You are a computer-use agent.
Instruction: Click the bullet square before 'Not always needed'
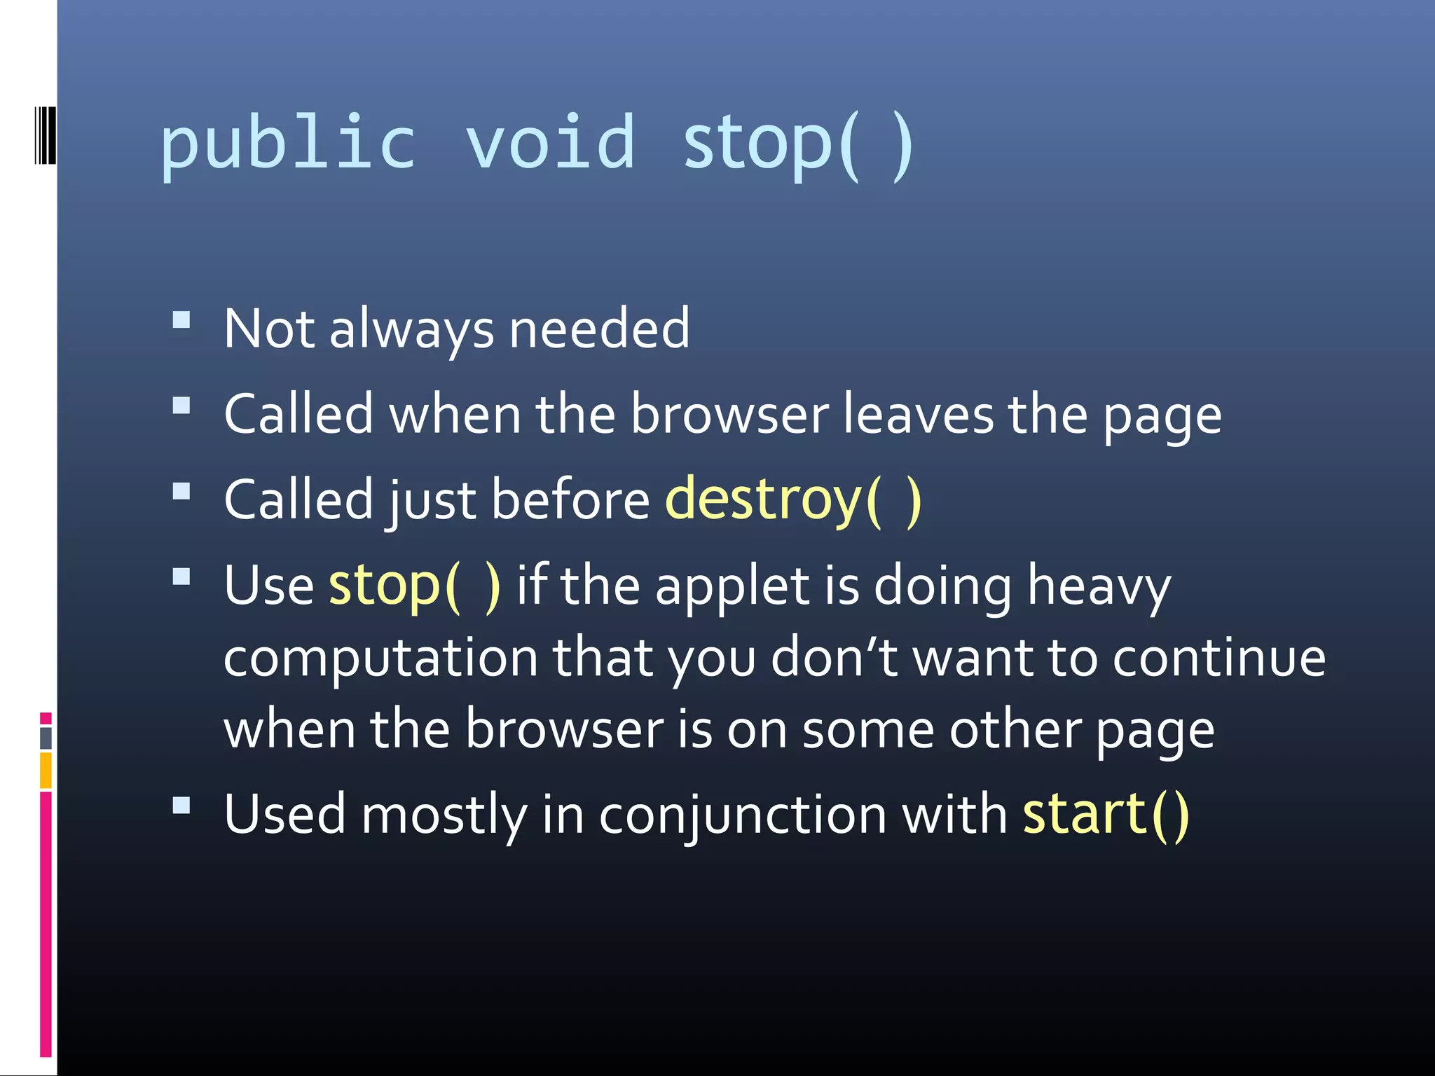pos(181,320)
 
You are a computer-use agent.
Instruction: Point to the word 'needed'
pos(599,329)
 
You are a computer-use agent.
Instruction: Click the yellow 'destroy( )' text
pos(792,499)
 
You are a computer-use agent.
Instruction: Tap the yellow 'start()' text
pos(1106,814)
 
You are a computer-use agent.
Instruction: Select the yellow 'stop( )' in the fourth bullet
pos(415,585)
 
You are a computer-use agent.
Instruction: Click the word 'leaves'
pos(918,415)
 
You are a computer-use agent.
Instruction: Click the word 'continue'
pos(1218,658)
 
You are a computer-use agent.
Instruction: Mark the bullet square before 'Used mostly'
pos(181,806)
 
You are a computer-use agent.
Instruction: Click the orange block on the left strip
pos(46,771)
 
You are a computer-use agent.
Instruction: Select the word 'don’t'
pos(834,658)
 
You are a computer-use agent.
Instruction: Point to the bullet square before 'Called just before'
pos(181,491)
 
